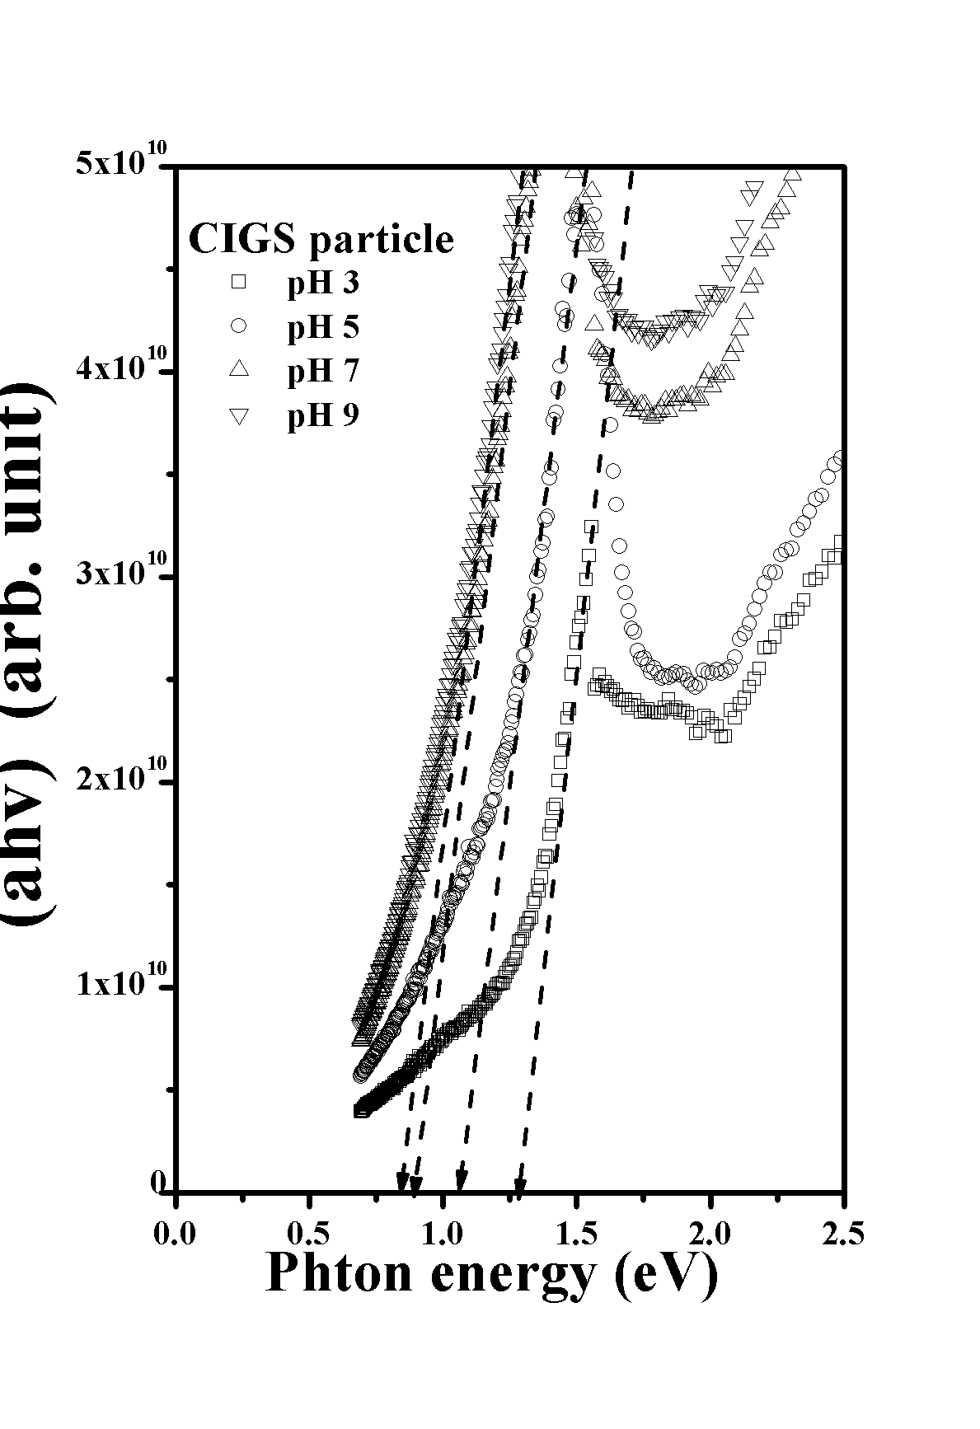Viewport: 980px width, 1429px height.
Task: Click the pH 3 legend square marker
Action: pos(239,282)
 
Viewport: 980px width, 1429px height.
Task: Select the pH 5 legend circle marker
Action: pos(239,326)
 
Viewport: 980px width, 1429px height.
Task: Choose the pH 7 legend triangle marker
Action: pos(239,370)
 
